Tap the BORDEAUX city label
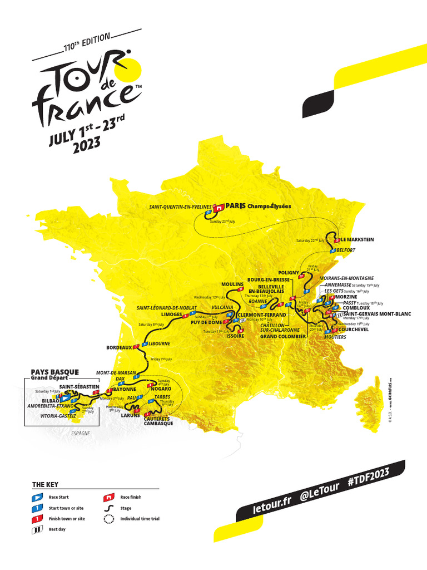click(119, 348)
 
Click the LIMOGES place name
click(172, 315)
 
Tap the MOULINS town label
click(233, 284)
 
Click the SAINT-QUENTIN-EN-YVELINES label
click(180, 207)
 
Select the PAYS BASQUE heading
click(54, 372)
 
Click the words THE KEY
click(45, 485)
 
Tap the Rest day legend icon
click(36, 529)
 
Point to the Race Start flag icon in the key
click(36, 497)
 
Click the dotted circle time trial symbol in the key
click(109, 518)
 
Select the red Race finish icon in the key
click(109, 497)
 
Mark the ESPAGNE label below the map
click(80, 433)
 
